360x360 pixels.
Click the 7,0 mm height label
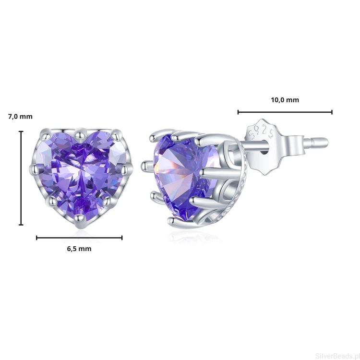point(21,117)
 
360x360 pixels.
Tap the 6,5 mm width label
point(79,249)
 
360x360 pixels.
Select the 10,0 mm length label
point(285,100)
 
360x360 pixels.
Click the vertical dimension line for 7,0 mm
point(21,178)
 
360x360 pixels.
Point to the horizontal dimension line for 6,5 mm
point(79,238)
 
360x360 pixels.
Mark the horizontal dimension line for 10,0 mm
point(285,112)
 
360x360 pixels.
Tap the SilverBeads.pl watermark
point(337,356)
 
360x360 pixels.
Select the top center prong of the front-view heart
point(80,133)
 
